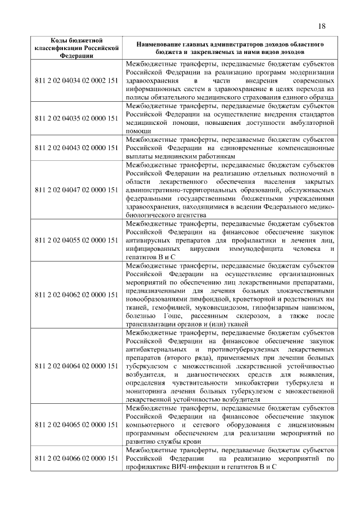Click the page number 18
tap(321, 26)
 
